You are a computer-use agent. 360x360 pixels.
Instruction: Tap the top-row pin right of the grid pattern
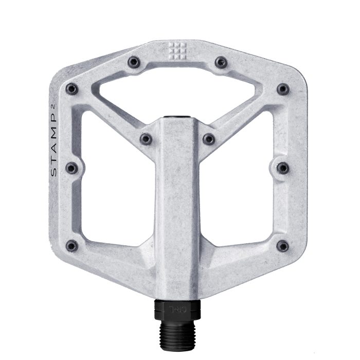pyautogui.click(x=221, y=62)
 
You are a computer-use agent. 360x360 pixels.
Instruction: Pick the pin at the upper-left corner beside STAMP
pyautogui.click(x=72, y=88)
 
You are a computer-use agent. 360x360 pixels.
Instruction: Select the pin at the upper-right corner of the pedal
pyautogui.click(x=283, y=88)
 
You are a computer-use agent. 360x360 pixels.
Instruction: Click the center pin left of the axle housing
pyautogui.click(x=147, y=138)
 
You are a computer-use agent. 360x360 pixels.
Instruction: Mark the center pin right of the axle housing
pyautogui.click(x=208, y=138)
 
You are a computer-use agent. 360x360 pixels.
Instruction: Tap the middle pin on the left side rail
pyautogui.click(x=72, y=168)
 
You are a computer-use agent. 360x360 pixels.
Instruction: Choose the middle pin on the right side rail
pyautogui.click(x=283, y=168)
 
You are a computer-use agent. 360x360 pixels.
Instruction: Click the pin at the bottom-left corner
pyautogui.click(x=72, y=246)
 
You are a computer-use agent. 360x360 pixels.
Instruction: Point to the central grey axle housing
pyautogui.click(x=177, y=206)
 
